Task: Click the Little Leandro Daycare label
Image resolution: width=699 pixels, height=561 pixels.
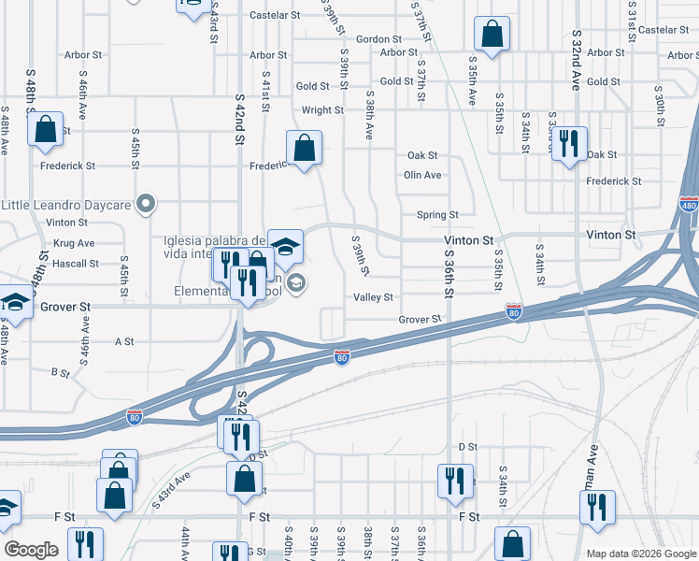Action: click(x=66, y=204)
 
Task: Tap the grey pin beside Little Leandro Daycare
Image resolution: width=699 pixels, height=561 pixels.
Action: click(x=145, y=203)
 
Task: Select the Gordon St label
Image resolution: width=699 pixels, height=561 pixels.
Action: click(x=378, y=39)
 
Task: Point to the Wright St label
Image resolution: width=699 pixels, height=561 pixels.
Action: click(x=322, y=110)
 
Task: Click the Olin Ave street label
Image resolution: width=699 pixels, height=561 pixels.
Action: click(x=422, y=175)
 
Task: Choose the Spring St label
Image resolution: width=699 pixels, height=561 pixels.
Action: click(x=436, y=215)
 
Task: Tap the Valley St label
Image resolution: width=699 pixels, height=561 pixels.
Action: click(x=373, y=297)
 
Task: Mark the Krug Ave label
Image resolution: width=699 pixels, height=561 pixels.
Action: click(x=75, y=243)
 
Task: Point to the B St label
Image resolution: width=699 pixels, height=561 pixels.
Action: click(x=60, y=372)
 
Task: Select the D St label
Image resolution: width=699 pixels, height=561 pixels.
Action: click(x=467, y=448)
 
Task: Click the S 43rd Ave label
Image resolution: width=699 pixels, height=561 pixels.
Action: click(x=172, y=489)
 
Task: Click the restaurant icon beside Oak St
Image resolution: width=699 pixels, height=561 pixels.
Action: click(x=568, y=144)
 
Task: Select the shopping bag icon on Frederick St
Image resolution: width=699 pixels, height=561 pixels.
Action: click(x=303, y=148)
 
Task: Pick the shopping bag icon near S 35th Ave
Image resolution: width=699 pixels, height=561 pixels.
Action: click(x=491, y=36)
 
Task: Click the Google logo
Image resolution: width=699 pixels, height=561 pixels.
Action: click(x=30, y=550)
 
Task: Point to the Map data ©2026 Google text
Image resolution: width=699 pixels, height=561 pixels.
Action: click(x=640, y=554)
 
